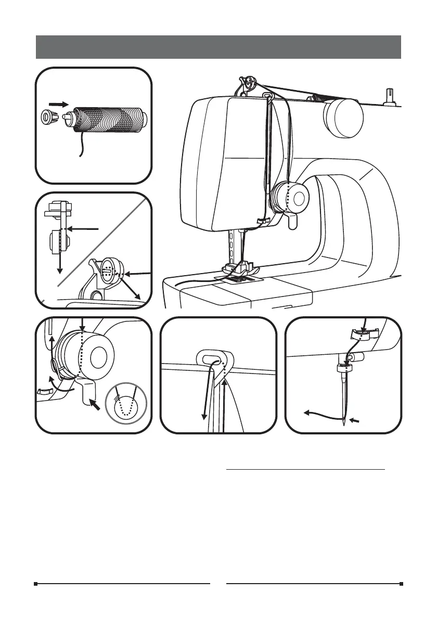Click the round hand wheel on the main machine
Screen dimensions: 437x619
tap(342, 118)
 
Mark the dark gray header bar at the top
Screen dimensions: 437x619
tap(219, 47)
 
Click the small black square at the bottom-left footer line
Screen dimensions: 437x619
tap(36, 584)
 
